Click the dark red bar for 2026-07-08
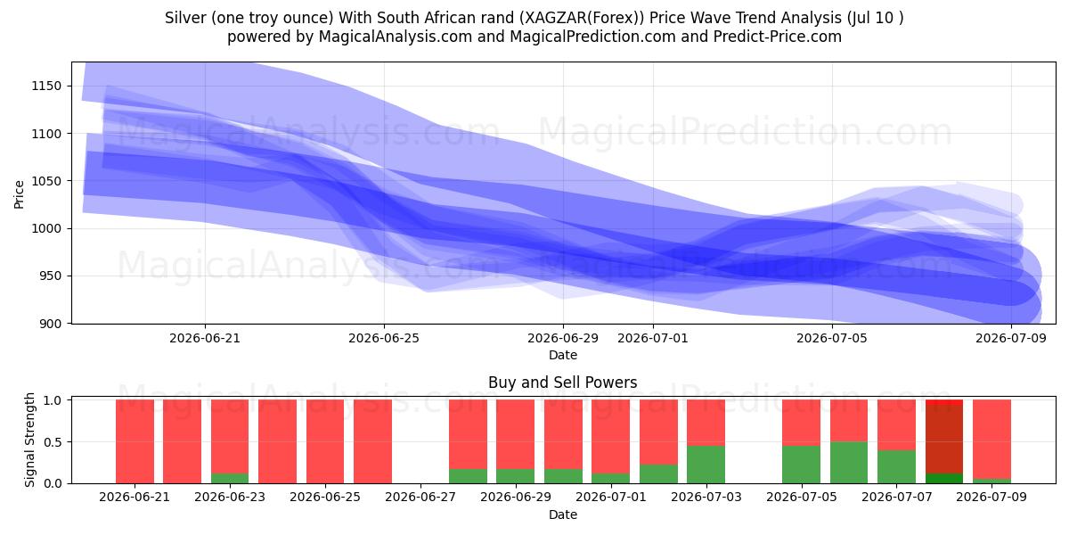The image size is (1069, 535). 944,439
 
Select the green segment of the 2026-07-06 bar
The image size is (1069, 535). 849,463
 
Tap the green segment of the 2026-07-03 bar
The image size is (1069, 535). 706,465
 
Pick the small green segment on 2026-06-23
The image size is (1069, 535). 230,478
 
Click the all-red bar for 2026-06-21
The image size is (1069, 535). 135,441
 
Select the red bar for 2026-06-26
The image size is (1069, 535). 372,441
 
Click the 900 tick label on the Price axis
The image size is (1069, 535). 50,324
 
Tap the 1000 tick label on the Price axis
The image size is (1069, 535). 46,229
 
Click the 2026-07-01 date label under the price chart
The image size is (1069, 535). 653,338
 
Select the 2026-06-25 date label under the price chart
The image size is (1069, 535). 384,338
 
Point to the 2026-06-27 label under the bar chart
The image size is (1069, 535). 420,498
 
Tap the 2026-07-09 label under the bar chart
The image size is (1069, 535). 991,498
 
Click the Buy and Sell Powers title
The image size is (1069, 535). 563,383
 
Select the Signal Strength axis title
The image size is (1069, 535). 29,440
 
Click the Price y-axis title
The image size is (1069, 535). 19,195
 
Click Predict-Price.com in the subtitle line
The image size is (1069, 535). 778,37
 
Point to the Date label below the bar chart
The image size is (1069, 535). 563,514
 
